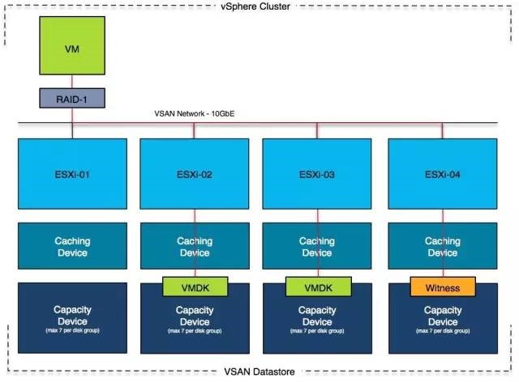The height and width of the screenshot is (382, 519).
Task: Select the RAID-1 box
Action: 72,99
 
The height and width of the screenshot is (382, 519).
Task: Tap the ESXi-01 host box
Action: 72,174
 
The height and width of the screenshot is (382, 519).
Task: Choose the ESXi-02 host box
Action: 195,174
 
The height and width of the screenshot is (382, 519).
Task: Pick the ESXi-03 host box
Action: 316,174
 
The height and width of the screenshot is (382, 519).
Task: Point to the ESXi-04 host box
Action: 442,174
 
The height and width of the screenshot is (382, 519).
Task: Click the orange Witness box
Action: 443,287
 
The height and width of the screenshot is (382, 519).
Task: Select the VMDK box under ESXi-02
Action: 195,287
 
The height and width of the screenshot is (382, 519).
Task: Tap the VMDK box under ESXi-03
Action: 317,287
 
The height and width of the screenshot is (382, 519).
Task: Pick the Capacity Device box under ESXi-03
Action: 316,324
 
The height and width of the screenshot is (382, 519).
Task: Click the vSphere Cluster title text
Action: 259,6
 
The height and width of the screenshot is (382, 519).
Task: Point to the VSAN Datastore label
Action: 259,371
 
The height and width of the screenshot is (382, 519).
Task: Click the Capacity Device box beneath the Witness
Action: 442,324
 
